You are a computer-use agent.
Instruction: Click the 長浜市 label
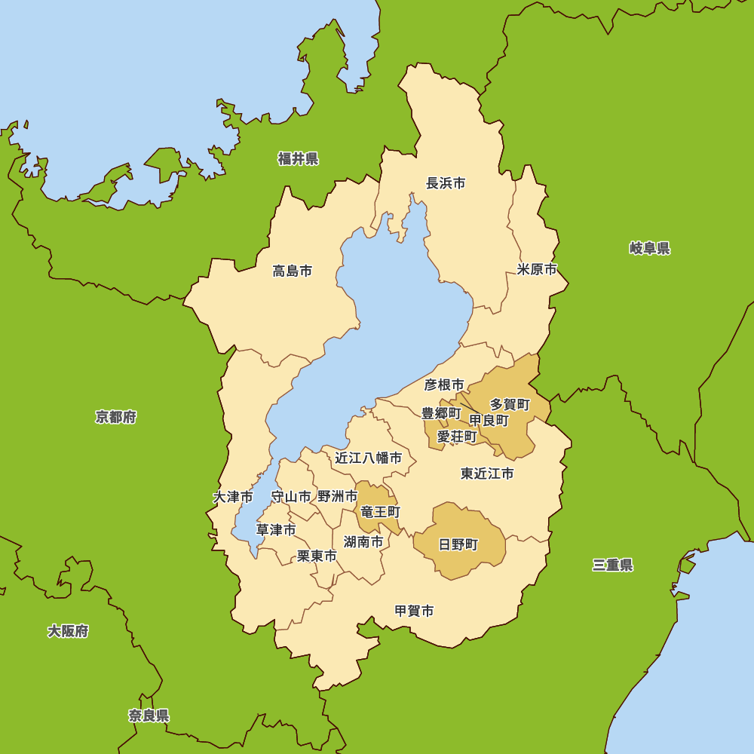[446, 182]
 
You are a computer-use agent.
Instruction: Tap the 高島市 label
[293, 271]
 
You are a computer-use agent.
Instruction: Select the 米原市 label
[537, 269]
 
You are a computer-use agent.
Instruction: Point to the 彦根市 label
[444, 385]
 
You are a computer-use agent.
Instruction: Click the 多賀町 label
[510, 405]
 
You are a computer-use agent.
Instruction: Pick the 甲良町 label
[489, 420]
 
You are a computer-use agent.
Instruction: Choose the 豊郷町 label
[440, 413]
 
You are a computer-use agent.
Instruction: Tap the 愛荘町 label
[457, 436]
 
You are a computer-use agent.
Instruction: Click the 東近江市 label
[487, 474]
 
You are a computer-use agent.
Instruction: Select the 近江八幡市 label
[369, 458]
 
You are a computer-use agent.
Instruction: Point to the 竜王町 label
[380, 512]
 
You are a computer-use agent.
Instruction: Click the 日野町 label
[458, 544]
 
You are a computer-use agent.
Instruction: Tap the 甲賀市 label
[415, 611]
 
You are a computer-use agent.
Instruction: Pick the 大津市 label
[233, 497]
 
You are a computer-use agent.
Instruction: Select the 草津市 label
[276, 530]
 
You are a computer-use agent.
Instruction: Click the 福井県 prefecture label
[298, 158]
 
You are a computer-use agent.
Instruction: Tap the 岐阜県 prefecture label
[650, 248]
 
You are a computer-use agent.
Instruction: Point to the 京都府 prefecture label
[116, 417]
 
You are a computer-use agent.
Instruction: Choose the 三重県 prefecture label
[612, 565]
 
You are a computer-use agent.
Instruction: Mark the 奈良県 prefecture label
[149, 716]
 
